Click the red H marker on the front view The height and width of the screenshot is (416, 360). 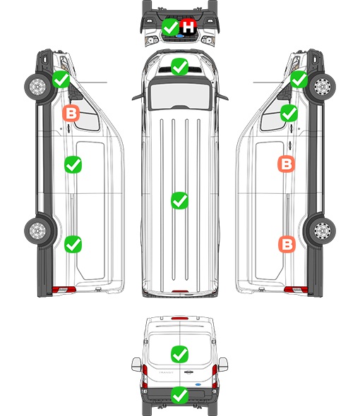click(x=188, y=27)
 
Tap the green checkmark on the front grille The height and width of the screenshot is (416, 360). click(x=170, y=27)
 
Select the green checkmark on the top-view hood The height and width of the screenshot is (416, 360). click(x=179, y=67)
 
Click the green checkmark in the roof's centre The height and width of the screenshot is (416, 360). click(x=179, y=200)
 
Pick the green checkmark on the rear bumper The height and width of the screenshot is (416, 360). click(x=179, y=396)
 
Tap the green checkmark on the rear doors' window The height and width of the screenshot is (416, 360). click(x=179, y=354)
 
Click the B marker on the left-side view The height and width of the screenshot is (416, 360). click(x=71, y=114)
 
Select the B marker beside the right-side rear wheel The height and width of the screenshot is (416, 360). click(x=287, y=244)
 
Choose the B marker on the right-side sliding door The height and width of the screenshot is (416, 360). click(x=287, y=164)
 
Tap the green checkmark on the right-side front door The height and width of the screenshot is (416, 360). click(x=289, y=114)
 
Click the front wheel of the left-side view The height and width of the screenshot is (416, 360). click(x=37, y=87)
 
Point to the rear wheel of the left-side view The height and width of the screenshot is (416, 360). click(x=37, y=231)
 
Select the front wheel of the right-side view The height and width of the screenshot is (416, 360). click(x=323, y=87)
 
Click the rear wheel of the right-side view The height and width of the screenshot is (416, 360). click(x=323, y=231)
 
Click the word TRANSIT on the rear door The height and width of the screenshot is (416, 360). click(x=166, y=372)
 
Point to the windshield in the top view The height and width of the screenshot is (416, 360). click(x=180, y=96)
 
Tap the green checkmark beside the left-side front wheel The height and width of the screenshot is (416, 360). click(x=61, y=80)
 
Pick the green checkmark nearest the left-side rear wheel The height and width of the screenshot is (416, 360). click(x=73, y=245)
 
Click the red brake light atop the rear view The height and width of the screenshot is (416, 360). click(x=180, y=318)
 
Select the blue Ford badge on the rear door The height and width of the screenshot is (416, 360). click(x=198, y=384)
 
